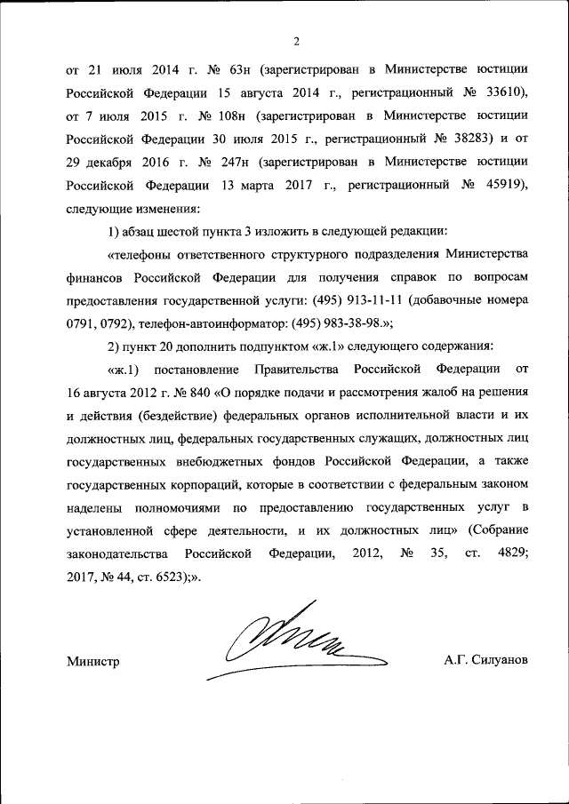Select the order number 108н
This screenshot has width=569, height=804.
point(229,115)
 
